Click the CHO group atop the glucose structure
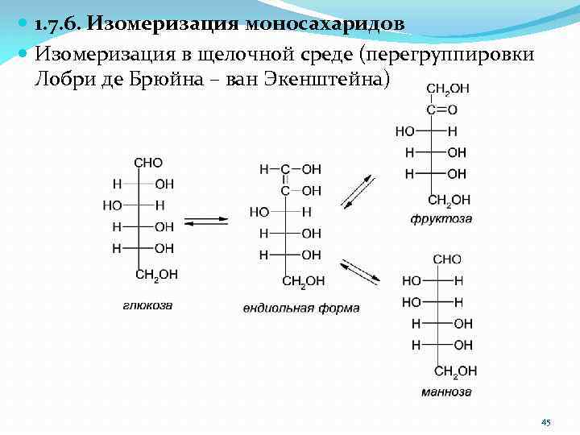point(148,163)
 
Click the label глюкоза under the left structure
point(148,305)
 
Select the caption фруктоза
point(441,218)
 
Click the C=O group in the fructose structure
point(441,110)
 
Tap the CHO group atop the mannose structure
point(447,259)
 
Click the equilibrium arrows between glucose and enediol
point(205,220)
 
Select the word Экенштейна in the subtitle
point(323,79)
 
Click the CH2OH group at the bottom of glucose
point(156,275)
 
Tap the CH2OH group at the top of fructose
point(448,89)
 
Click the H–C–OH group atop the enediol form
point(290,170)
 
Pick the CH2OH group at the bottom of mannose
point(455,371)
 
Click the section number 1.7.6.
point(58,23)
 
